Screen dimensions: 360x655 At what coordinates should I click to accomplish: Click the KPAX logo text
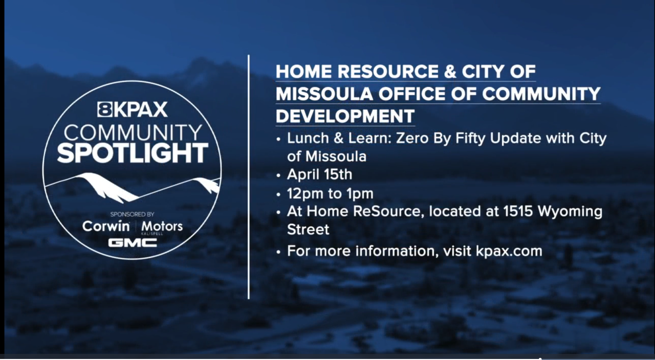pos(132,109)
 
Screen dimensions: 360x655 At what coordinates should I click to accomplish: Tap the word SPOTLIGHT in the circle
pos(133,153)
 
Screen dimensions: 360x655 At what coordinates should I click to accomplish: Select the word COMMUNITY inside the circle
pos(133,132)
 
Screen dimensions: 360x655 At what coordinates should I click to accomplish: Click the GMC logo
pos(132,242)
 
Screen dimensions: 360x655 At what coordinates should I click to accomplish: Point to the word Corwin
pos(106,226)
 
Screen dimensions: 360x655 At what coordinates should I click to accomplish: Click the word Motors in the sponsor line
pos(162,226)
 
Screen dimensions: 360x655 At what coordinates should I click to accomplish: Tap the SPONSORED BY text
pos(132,214)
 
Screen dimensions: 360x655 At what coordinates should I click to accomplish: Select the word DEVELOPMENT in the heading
pos(345,116)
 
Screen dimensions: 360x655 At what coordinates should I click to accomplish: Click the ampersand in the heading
pos(450,72)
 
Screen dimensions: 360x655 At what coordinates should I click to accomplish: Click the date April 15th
pos(319,174)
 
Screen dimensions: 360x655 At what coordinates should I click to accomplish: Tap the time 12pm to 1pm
pos(330,194)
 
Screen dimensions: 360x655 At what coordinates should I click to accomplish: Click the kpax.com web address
pos(509,251)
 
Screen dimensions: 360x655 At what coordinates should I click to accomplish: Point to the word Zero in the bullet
pos(412,139)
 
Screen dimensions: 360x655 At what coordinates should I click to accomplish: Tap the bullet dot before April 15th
pos(278,175)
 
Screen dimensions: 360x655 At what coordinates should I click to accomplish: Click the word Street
pos(308,229)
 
